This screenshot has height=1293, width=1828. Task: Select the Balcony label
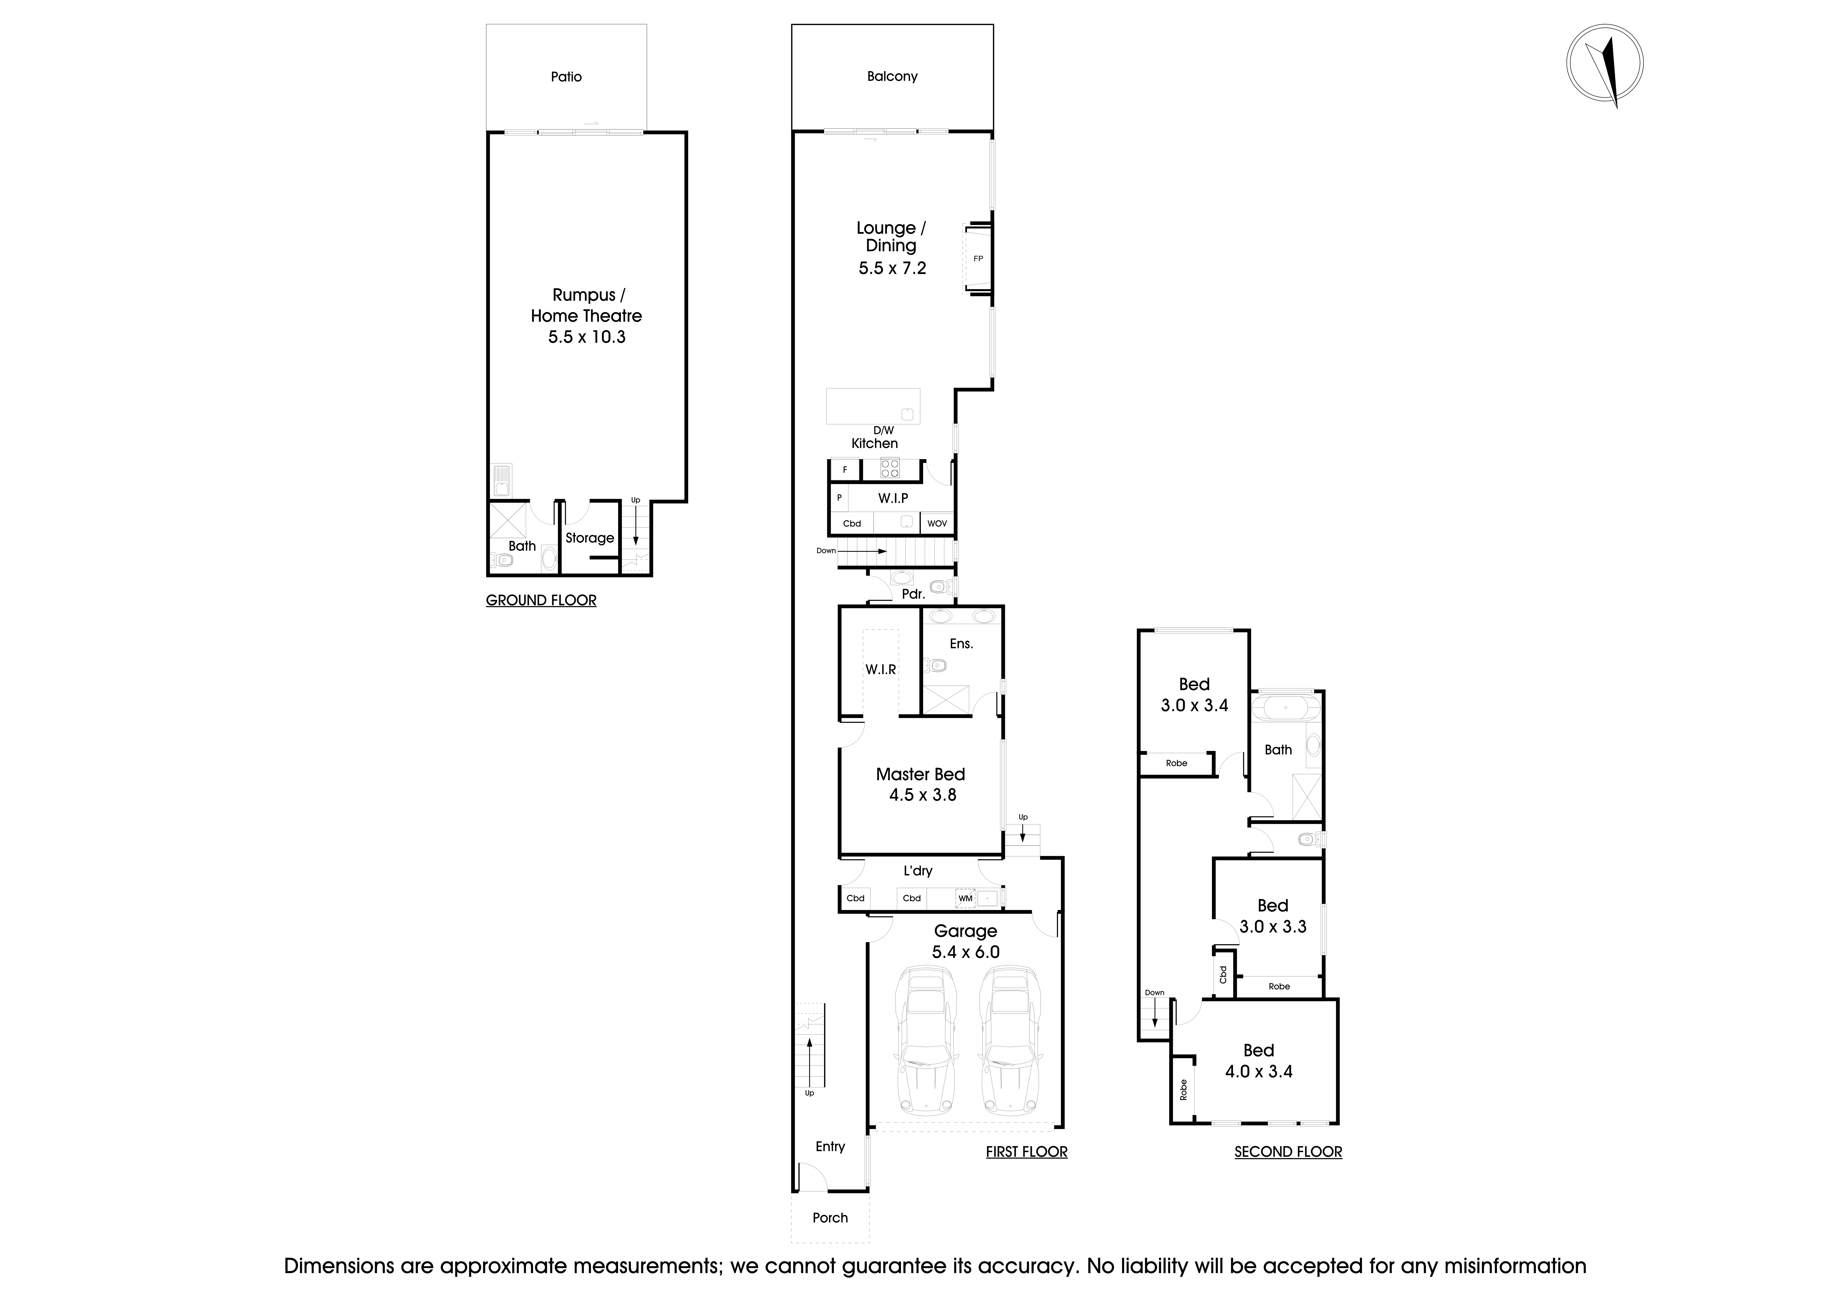(x=892, y=76)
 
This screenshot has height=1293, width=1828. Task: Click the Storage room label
(x=589, y=538)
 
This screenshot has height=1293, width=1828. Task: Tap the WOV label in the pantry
(x=937, y=524)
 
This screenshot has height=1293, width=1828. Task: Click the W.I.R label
(x=881, y=670)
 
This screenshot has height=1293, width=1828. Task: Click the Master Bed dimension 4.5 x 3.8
(x=922, y=795)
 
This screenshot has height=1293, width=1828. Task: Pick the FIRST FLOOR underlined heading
(x=1026, y=1152)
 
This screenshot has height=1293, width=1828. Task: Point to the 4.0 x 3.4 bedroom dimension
(x=1258, y=1072)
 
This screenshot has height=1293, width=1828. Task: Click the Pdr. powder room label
(x=913, y=594)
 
